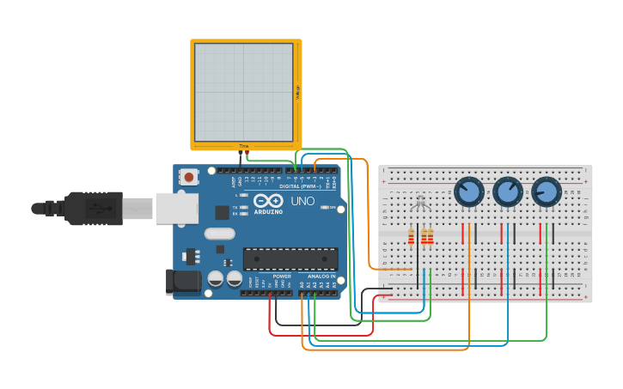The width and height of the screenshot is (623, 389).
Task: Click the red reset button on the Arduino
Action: (188, 177)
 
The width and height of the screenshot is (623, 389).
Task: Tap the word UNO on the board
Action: (302, 202)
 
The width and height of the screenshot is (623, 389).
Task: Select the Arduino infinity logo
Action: (267, 201)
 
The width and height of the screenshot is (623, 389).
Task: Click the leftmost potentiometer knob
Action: (468, 191)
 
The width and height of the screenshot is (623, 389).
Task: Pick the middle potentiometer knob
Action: (508, 191)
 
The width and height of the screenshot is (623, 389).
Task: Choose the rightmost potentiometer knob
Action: (547, 191)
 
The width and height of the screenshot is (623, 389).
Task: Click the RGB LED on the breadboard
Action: (419, 204)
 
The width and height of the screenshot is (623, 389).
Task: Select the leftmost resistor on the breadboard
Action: (412, 236)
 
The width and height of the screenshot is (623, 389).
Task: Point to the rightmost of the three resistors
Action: (430, 236)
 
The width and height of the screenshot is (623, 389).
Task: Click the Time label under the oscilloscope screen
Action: (244, 147)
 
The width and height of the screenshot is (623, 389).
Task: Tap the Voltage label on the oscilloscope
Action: (297, 93)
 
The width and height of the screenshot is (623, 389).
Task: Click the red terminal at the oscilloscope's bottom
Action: (247, 152)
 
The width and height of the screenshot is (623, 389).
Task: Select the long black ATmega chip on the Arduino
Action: (290, 258)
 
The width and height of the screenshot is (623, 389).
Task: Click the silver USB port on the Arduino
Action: (176, 208)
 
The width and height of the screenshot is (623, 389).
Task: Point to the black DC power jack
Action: (182, 282)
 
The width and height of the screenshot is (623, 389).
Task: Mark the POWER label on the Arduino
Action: (282, 276)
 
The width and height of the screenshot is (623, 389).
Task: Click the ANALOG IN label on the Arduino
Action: (321, 276)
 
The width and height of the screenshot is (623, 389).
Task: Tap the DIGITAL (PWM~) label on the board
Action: (299, 185)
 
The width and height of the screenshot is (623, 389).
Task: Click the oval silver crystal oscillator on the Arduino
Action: (219, 233)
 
